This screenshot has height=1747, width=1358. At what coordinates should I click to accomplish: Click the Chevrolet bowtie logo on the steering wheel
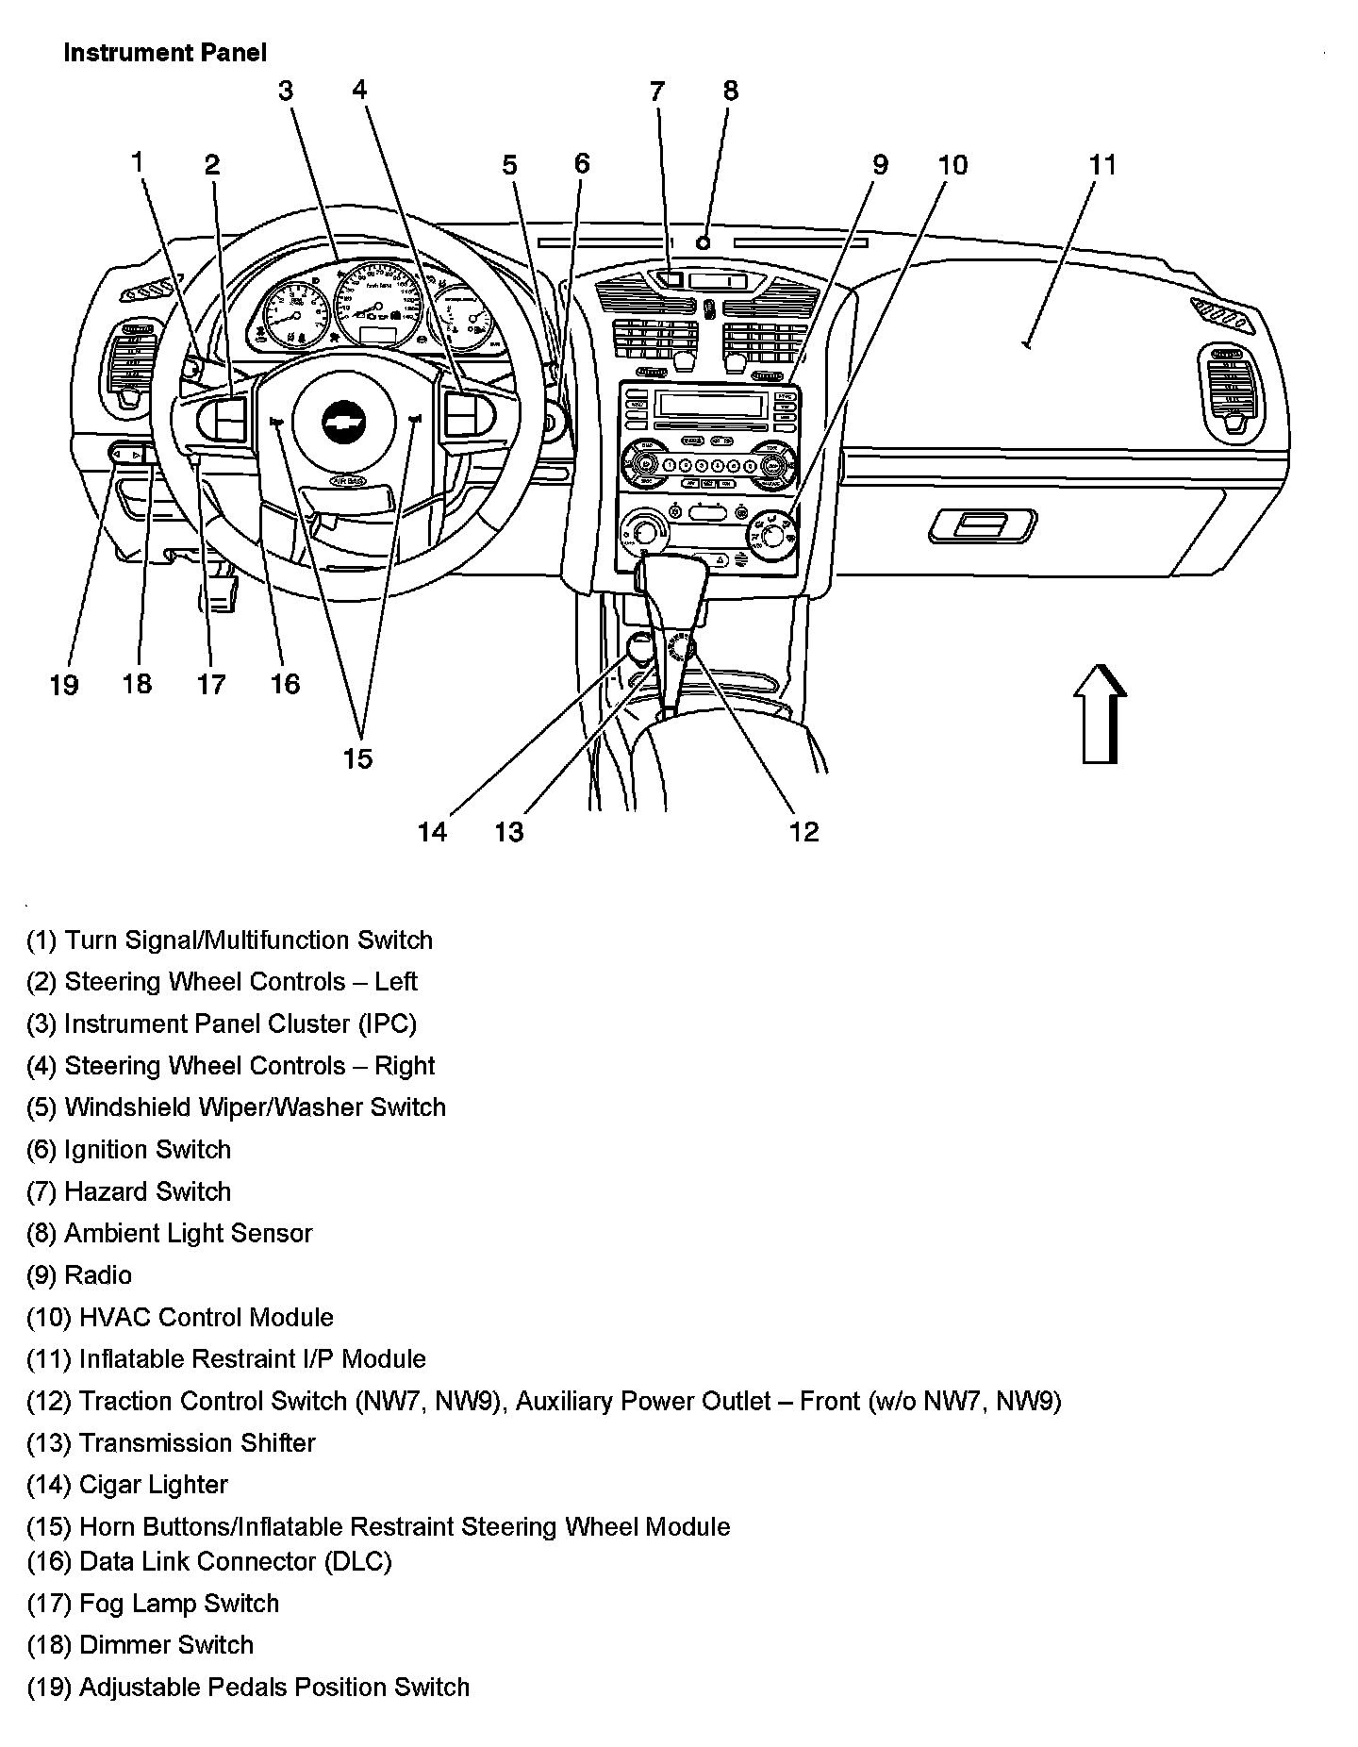pos(343,422)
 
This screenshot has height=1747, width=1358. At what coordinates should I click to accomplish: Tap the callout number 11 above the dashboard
pos(1102,165)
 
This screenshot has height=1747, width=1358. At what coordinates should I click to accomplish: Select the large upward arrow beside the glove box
pos(1100,712)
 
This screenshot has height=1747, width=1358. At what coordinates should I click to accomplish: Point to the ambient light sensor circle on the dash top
pos(703,241)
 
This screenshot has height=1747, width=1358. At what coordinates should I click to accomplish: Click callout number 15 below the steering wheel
pos(358,757)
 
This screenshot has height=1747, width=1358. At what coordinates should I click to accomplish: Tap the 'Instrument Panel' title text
pos(165,53)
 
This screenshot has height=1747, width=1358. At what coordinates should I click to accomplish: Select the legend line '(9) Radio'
pos(79,1275)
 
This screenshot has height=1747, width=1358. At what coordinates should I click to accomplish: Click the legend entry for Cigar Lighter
pos(127,1485)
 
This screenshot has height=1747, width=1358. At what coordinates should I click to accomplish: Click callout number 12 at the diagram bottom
pos(803,831)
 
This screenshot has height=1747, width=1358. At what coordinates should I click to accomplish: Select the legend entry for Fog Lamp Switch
pos(153,1604)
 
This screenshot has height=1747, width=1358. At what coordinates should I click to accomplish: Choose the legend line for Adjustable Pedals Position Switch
pos(247,1687)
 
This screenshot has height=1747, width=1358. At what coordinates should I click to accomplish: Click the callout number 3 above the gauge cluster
pos(286,91)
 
